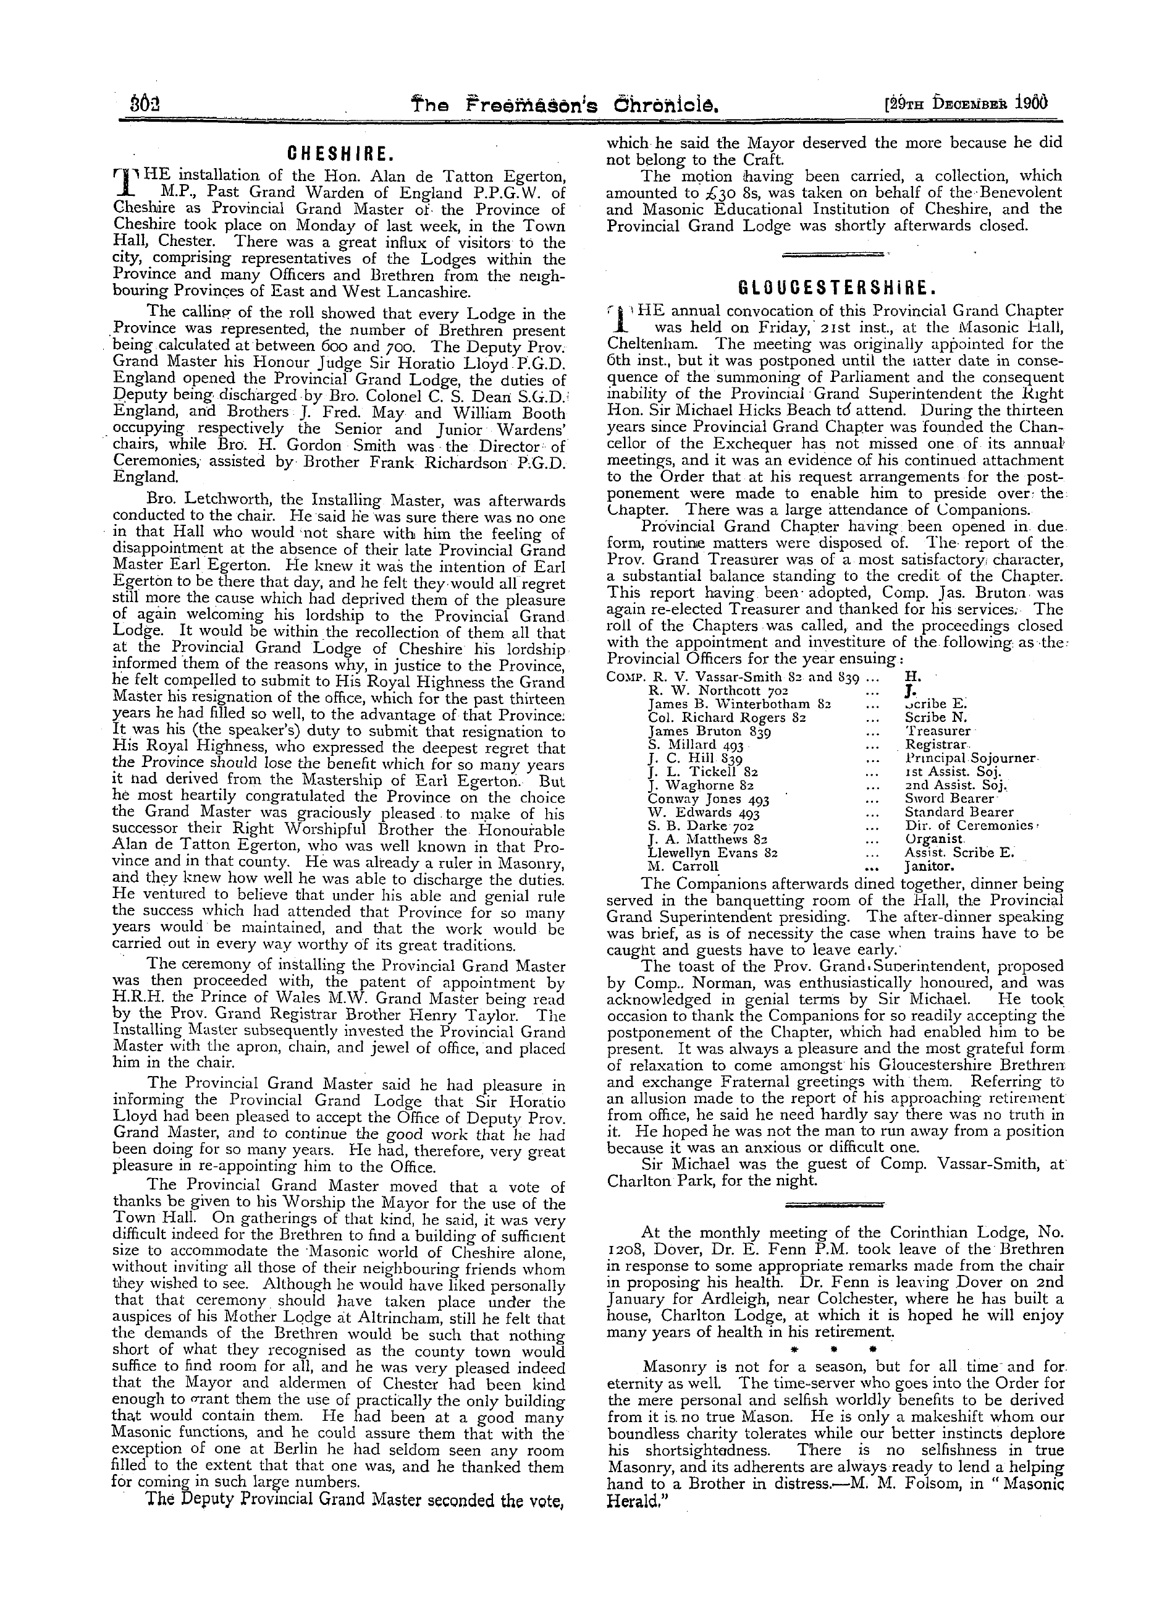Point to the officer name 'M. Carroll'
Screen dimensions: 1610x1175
tap(683, 866)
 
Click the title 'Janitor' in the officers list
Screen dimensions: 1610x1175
tap(929, 866)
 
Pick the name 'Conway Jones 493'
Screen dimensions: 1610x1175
tap(709, 799)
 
